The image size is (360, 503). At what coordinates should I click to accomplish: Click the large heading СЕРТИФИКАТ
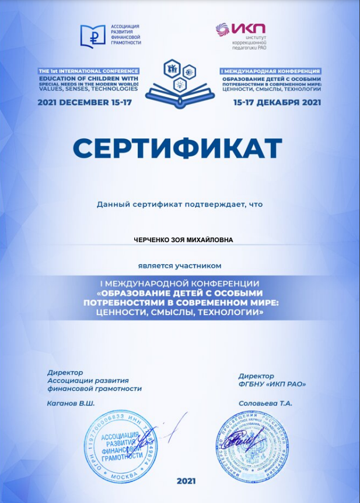(177, 149)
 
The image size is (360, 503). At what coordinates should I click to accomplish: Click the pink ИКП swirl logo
(222, 29)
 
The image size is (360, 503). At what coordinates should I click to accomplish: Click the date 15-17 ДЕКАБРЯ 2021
(277, 102)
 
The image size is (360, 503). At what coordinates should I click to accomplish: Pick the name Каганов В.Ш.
(71, 403)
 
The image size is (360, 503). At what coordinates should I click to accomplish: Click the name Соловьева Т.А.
(265, 403)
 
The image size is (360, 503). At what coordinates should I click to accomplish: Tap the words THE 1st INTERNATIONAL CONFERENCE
(88, 70)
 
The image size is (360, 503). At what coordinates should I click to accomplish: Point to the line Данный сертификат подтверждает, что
(180, 204)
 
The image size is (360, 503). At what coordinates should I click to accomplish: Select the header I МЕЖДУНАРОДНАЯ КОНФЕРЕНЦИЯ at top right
(271, 71)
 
